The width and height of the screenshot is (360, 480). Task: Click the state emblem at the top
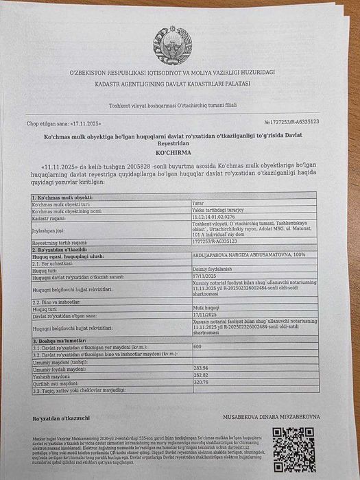coord(169,45)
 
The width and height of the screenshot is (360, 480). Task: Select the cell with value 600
coord(197,347)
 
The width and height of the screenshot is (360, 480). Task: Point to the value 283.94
coord(202,368)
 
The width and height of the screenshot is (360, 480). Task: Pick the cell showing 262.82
coord(202,376)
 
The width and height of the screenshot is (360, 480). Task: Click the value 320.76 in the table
coord(202,383)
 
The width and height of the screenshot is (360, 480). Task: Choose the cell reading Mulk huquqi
coord(204,309)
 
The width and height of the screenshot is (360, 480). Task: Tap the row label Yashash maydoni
coord(53,376)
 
